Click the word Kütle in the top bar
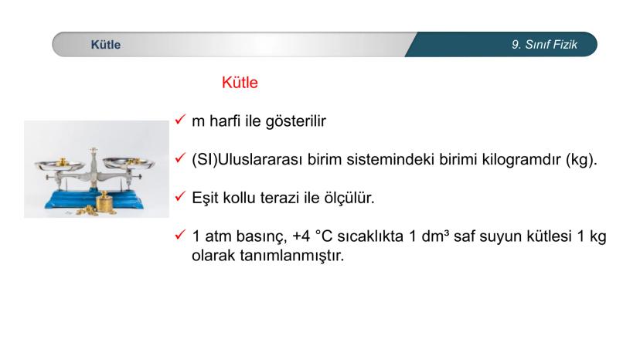pos(105,45)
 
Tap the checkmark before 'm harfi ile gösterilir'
pos(180,121)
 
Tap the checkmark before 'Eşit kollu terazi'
pos(180,199)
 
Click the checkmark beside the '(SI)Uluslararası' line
pos(180,160)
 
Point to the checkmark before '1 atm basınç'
pos(180,237)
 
